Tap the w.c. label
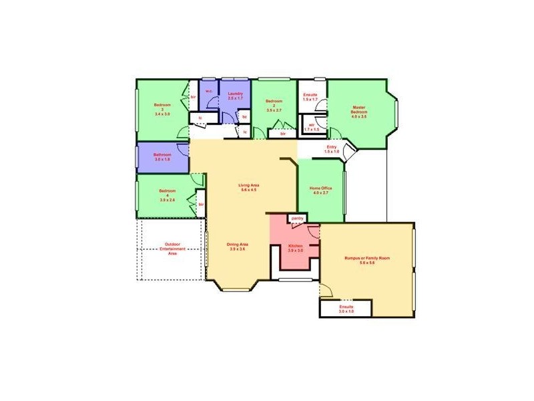208,91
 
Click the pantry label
297,218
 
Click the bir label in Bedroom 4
200,204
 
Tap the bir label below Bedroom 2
283,134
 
